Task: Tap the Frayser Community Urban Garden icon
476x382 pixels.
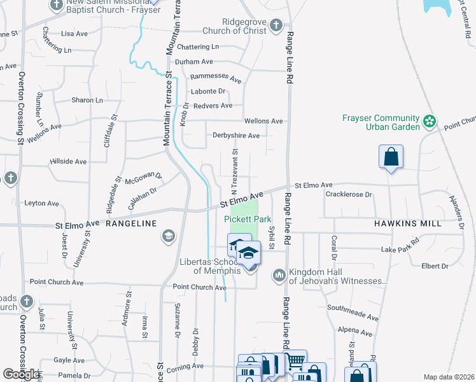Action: [430, 120]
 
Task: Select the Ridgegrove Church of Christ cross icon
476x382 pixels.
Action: [276, 25]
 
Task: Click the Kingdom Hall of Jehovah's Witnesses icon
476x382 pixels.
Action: [279, 276]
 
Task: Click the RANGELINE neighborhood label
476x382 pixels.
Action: [131, 223]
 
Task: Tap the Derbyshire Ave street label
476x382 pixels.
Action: [236, 136]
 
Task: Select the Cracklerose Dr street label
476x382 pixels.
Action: [349, 194]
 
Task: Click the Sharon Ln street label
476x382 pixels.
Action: [87, 100]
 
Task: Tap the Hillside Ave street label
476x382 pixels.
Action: [68, 162]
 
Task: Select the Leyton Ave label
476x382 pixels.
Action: [41, 203]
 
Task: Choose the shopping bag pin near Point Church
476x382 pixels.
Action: [391, 157]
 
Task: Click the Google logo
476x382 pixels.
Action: [21, 374]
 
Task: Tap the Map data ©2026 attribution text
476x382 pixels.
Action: [449, 377]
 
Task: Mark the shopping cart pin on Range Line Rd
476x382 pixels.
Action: [294, 360]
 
